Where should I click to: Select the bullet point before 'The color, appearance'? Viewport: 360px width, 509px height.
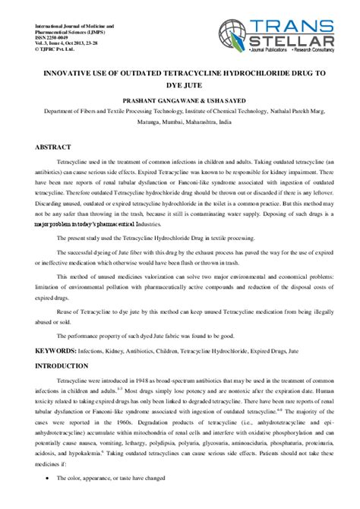point(48,499)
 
